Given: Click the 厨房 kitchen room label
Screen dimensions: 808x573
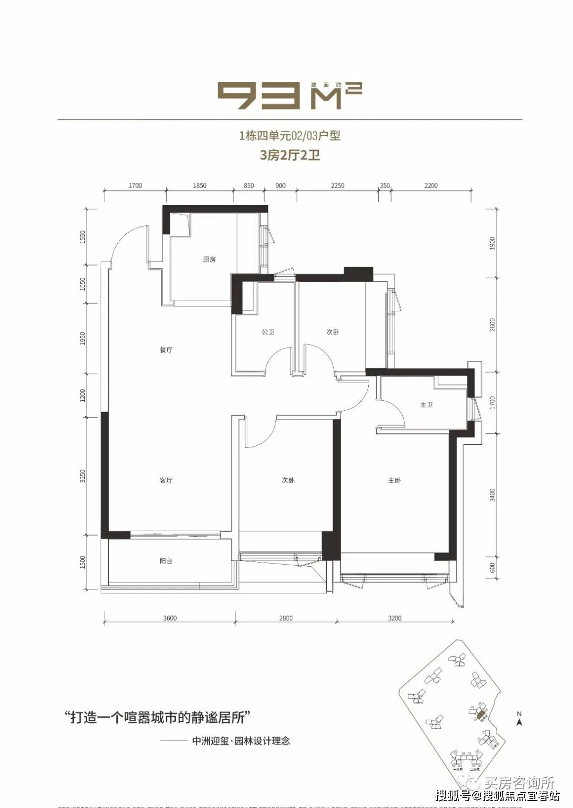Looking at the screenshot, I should point(209,259).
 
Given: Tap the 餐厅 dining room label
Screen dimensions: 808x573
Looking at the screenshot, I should point(166,350).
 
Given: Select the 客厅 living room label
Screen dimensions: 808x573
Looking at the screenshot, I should point(166,480).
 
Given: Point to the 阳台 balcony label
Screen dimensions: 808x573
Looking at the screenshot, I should point(166,560).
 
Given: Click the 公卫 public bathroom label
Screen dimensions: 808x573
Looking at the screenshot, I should point(268,332).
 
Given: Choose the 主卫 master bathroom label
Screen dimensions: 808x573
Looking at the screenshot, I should point(427,405).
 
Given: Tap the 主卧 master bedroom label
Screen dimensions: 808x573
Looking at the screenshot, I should point(394,480).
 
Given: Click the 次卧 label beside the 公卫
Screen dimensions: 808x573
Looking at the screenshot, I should point(333,332).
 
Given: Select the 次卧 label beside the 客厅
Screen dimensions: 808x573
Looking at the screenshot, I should point(288,480).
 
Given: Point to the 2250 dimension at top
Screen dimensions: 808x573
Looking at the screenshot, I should point(337,186).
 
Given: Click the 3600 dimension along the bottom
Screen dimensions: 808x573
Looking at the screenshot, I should point(170,618).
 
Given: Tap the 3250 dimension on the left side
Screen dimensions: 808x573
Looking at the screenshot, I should point(83,476).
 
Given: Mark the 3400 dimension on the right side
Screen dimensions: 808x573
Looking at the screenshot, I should point(492,495).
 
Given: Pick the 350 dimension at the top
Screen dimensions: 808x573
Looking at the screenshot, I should point(385,186).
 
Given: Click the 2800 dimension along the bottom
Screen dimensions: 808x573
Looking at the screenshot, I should point(286,618).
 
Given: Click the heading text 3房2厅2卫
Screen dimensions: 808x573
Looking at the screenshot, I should point(290,155).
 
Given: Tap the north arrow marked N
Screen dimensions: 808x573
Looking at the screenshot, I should point(519,719).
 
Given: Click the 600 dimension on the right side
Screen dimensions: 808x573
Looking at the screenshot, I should point(492,567).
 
